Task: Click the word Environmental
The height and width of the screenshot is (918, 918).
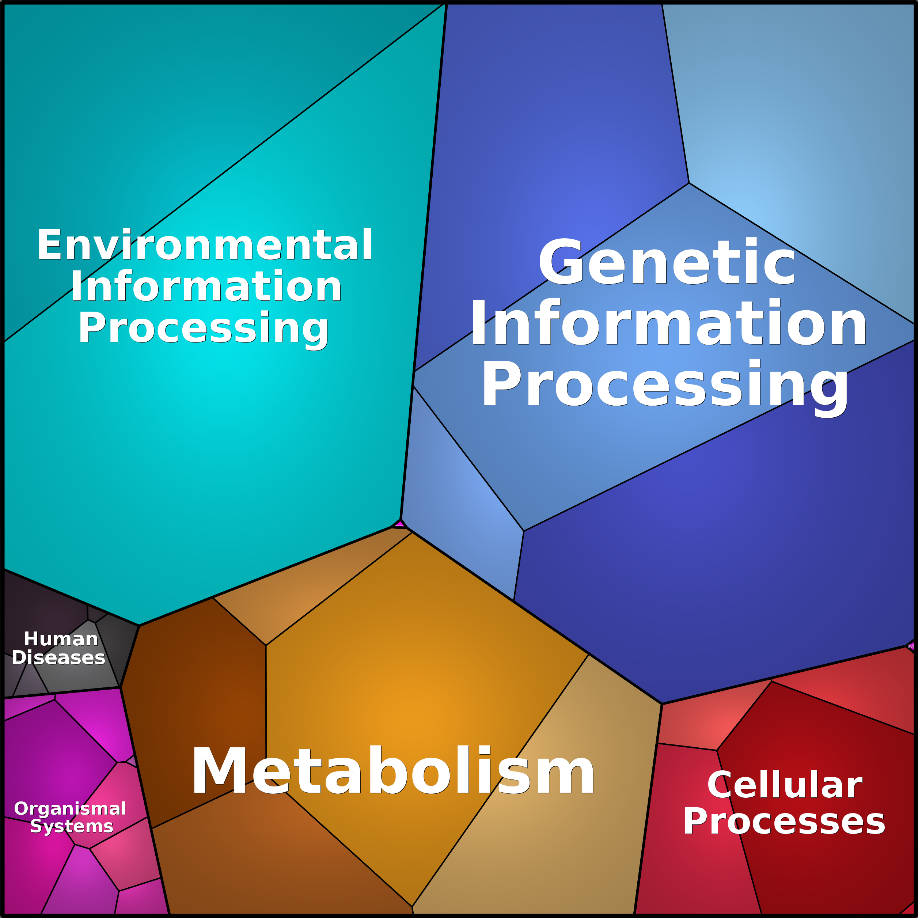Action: click(205, 245)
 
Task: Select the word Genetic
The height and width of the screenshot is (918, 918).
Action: click(667, 262)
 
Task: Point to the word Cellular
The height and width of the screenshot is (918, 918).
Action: click(785, 785)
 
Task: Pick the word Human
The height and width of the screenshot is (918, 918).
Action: click(61, 639)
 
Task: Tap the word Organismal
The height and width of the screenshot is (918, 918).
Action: click(70, 808)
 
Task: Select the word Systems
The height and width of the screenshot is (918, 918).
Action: click(72, 826)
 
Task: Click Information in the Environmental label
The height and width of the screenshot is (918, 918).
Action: click(206, 287)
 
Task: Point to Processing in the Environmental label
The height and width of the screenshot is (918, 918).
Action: click(203, 329)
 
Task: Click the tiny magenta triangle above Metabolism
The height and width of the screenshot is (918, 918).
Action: click(399, 524)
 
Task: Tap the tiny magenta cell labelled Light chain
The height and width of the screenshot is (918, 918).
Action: click(911, 646)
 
